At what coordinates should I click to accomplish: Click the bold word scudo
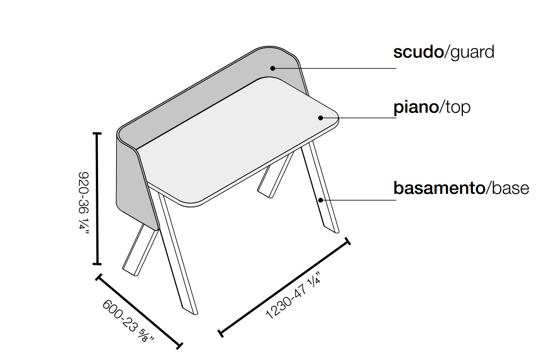click(x=418, y=52)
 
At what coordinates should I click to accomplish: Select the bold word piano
click(x=416, y=107)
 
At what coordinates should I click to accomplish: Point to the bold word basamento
click(x=439, y=188)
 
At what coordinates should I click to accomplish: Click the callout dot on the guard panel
click(x=273, y=69)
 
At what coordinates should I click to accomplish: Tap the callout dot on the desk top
click(x=321, y=118)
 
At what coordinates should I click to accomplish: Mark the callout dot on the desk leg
click(x=321, y=200)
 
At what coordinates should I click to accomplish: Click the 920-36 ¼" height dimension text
click(x=84, y=203)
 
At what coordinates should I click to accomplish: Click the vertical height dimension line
click(x=98, y=199)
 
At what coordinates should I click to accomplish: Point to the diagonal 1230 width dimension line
click(x=284, y=287)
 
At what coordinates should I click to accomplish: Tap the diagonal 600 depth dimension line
click(x=139, y=312)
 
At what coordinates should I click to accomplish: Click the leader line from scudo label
click(x=335, y=69)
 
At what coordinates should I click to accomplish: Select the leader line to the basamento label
click(x=359, y=200)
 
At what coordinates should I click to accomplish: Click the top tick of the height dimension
click(x=98, y=133)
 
